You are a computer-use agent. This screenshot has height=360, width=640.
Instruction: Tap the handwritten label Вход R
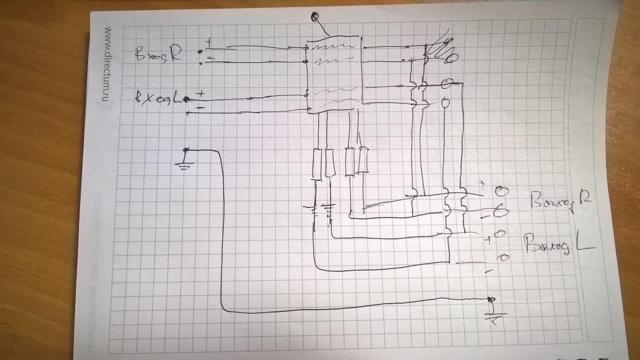point(157,54)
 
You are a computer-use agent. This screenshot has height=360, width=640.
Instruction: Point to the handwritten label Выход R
point(560,202)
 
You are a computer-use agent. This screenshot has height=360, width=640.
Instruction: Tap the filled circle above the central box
point(315,17)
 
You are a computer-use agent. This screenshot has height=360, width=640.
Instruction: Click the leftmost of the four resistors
point(317,163)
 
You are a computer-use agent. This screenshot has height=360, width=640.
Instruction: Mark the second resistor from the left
point(329,163)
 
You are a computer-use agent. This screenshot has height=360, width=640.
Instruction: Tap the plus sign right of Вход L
point(201,93)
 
